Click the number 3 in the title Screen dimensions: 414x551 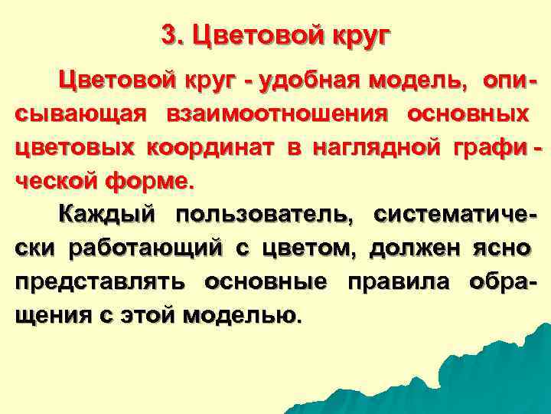point(169,35)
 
